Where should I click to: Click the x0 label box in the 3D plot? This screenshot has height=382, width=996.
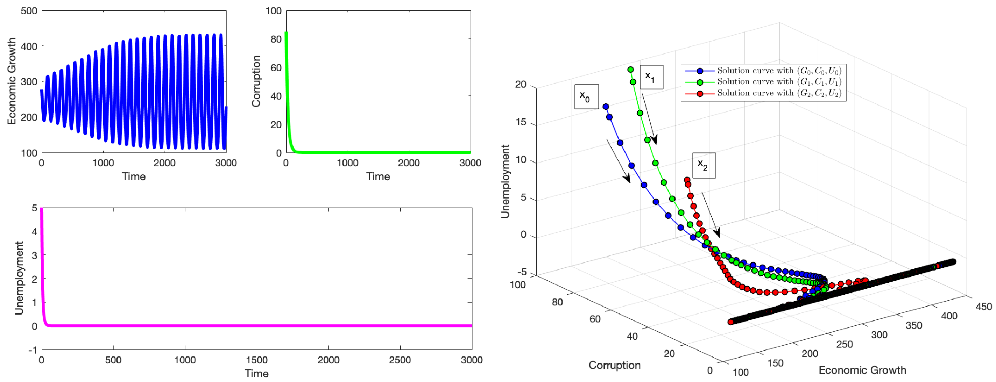pyautogui.click(x=586, y=96)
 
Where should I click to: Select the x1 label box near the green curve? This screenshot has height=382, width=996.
pyautogui.click(x=651, y=77)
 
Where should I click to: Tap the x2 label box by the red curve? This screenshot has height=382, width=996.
pyautogui.click(x=703, y=165)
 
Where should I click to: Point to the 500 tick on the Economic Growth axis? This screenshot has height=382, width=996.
pyautogui.click(x=29, y=11)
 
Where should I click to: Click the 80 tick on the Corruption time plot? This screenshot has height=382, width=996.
pyautogui.click(x=276, y=39)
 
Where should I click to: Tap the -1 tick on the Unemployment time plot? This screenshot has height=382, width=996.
pyautogui.click(x=33, y=350)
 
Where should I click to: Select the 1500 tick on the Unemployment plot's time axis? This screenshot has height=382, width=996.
pyautogui.click(x=257, y=360)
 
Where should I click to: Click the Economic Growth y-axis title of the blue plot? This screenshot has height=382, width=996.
pyautogui.click(x=12, y=81)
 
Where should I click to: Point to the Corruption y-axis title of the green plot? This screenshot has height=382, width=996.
pyautogui.click(x=256, y=81)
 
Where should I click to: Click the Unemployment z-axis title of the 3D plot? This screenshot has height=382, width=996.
pyautogui.click(x=505, y=181)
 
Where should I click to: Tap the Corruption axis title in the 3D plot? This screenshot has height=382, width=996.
pyautogui.click(x=614, y=365)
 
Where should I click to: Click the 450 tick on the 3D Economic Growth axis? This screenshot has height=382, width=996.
pyautogui.click(x=984, y=307)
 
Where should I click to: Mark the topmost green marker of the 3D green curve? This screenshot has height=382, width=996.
pyautogui.click(x=631, y=70)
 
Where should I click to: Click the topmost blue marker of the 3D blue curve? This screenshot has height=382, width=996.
pyautogui.click(x=606, y=107)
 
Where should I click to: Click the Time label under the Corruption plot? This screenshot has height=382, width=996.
pyautogui.click(x=378, y=176)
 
